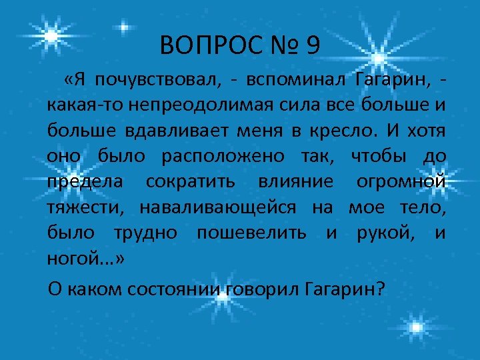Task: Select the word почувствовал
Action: click(x=157, y=81)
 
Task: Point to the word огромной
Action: click(x=406, y=182)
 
